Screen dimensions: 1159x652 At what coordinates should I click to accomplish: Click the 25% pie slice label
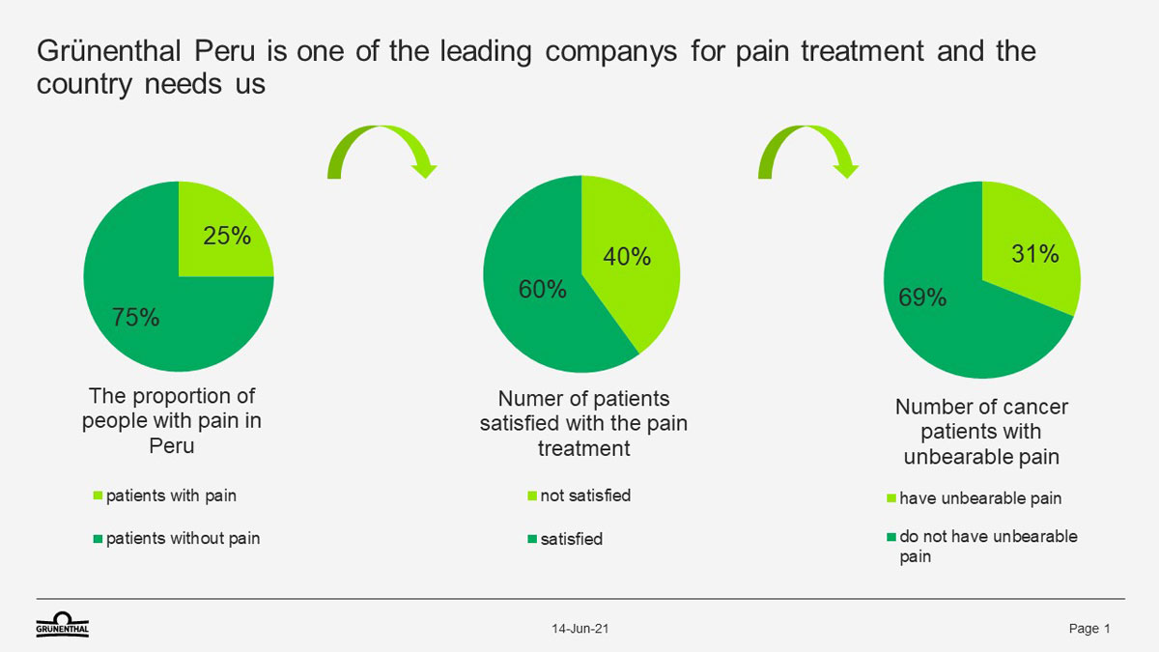(227, 236)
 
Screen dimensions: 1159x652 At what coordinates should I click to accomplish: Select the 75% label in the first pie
(135, 317)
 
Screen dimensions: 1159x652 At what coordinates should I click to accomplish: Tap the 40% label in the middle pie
(627, 257)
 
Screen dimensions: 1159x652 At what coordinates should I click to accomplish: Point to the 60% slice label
(542, 289)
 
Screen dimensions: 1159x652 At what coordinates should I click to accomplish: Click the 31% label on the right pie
(1035, 254)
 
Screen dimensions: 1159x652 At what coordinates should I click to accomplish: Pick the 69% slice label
(922, 298)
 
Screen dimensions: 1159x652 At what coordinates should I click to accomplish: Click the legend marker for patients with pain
(98, 496)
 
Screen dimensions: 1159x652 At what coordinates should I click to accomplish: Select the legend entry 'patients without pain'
(177, 539)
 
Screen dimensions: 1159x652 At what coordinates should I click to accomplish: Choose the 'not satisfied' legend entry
(579, 496)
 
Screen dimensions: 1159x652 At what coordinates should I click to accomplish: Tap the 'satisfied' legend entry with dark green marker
(565, 539)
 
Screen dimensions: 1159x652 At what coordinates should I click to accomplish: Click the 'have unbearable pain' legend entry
(975, 498)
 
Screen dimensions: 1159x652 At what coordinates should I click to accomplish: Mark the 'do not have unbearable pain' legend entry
(982, 547)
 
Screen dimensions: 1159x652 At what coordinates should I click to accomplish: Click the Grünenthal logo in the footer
(63, 624)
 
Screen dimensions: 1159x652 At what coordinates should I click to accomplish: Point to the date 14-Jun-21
(580, 629)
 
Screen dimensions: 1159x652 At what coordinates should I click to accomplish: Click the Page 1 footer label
(1089, 629)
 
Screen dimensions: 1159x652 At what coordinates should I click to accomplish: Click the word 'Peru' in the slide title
(224, 51)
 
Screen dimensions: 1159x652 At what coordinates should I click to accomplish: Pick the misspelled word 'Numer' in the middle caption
(525, 399)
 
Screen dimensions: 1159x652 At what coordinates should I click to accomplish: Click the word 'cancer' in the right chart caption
(1034, 408)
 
